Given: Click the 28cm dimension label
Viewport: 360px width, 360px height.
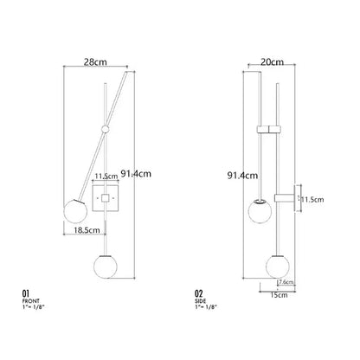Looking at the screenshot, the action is pyautogui.click(x=95, y=62).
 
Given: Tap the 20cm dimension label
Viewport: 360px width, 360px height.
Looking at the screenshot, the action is pyautogui.click(x=272, y=62).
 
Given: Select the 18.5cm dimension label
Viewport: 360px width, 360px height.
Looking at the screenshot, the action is pyautogui.click(x=87, y=230).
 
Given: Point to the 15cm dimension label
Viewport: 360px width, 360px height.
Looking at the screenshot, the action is pyautogui.click(x=279, y=295).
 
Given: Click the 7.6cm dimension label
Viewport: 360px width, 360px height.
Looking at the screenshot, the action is pyautogui.click(x=286, y=282).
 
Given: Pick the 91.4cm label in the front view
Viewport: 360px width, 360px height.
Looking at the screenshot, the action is pyautogui.click(x=136, y=174).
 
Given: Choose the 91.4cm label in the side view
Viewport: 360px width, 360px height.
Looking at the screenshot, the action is pyautogui.click(x=242, y=176).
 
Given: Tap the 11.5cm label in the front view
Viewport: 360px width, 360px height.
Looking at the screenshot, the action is pyautogui.click(x=106, y=177).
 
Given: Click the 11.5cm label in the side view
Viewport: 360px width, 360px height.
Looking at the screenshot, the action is pyautogui.click(x=312, y=200).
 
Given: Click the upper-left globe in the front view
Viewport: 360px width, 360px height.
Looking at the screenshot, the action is pyautogui.click(x=75, y=211).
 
